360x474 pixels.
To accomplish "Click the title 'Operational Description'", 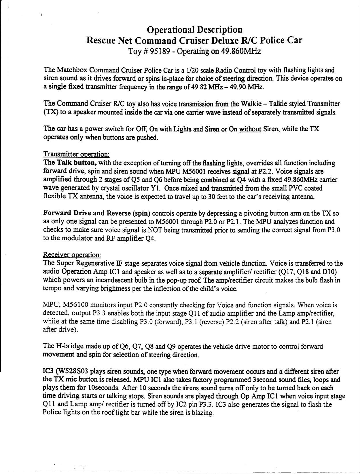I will pos(194,29).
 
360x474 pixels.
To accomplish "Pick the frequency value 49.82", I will pos(198,87).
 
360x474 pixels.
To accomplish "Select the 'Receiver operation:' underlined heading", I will pos(72,255).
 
